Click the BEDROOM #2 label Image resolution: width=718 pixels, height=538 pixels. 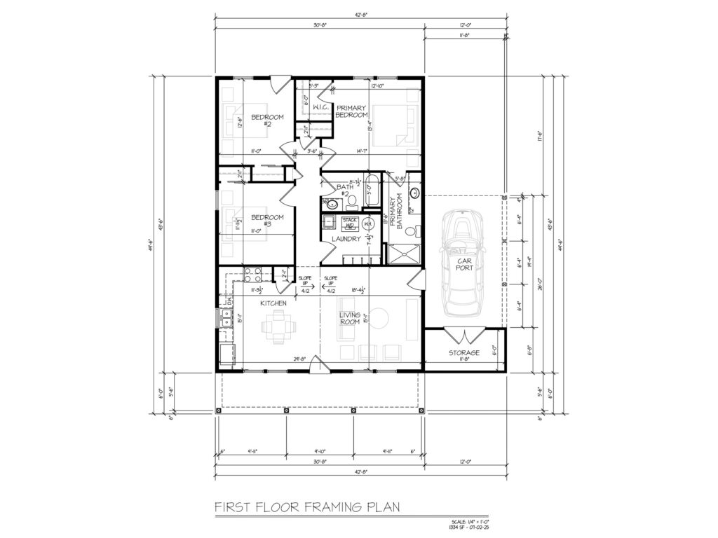coord(267,120)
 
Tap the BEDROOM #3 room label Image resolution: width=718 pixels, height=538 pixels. coord(267,221)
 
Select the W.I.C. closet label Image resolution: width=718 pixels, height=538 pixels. coord(322,107)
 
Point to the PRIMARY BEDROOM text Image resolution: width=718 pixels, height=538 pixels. coord(351,111)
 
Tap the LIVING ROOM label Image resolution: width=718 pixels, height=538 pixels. coord(350,319)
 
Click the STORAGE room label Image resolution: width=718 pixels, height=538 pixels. coord(463,352)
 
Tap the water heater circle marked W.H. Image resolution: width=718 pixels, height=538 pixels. coord(367,224)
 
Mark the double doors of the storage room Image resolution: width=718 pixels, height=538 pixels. coord(463,334)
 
